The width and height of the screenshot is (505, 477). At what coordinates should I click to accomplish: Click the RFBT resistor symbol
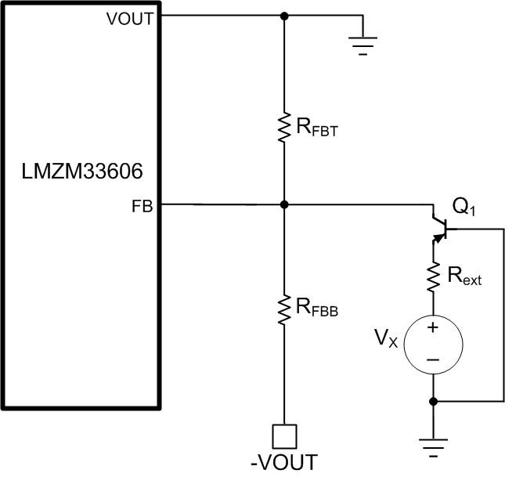tap(283, 126)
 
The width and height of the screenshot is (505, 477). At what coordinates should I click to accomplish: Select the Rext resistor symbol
tap(433, 276)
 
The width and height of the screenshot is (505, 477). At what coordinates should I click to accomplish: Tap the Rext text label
tap(464, 276)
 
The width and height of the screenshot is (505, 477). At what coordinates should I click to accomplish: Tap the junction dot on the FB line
tap(283, 204)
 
